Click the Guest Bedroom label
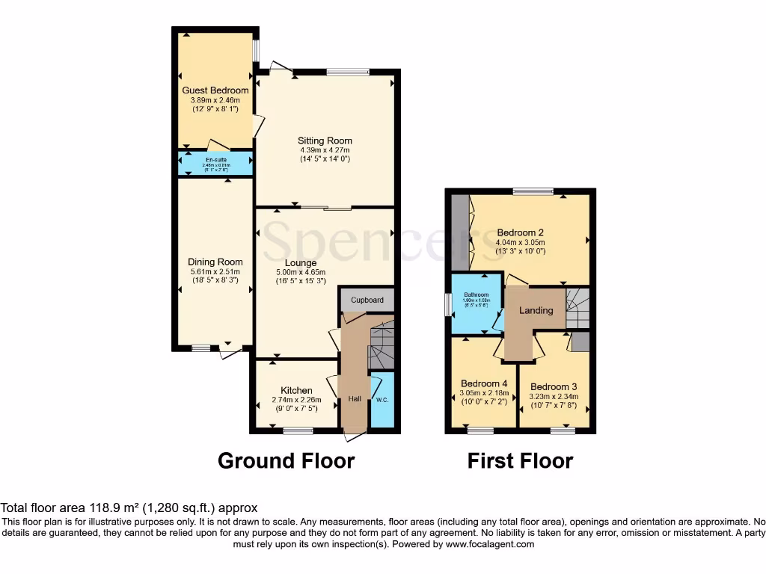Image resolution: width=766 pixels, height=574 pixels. (215, 90)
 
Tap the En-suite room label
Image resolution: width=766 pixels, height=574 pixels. (215, 159)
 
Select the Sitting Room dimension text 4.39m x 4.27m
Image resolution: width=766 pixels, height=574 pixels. (325, 149)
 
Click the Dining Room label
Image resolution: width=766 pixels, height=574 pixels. (215, 262)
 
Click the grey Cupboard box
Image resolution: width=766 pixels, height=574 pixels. (367, 300)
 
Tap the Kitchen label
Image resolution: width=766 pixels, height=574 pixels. (296, 390)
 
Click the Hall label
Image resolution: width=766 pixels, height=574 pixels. (355, 399)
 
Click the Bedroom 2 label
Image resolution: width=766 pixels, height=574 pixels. (520, 232)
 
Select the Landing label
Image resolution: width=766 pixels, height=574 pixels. (536, 310)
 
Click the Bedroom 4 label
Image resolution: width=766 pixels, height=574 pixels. (484, 383)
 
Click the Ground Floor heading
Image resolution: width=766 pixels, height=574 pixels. (286, 461)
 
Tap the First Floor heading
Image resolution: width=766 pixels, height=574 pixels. (520, 461)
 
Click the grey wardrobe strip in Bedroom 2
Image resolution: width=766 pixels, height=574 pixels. (459, 232)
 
